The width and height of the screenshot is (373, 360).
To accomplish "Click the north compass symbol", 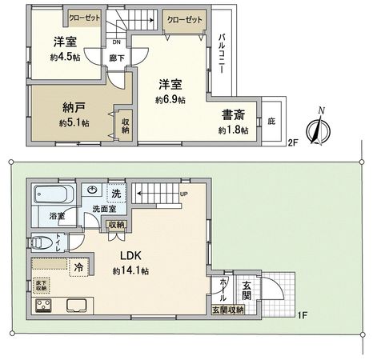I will coord(320,127).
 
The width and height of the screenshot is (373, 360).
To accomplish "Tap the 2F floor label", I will coord(294,144).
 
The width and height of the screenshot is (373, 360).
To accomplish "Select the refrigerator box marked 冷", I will coord(79,267).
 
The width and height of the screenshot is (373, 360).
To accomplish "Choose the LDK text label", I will coord(131,256).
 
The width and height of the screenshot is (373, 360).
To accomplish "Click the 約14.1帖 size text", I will coord(133,271).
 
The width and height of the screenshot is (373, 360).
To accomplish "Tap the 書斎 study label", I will coord(233,114).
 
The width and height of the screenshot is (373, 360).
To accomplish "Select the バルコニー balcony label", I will coord(222,57).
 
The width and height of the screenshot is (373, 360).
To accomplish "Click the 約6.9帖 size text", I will coord(170,99).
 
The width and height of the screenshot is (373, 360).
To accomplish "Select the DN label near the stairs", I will coord(117,42).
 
